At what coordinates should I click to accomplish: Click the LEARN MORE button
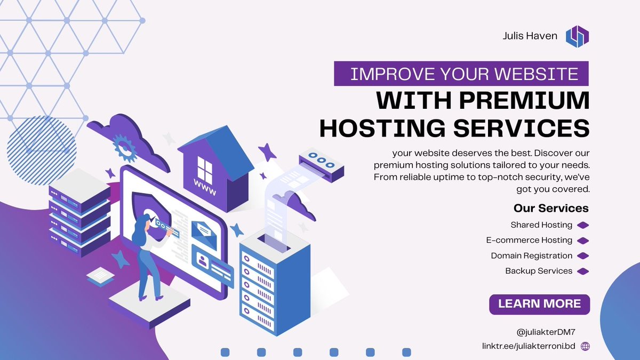pyautogui.click(x=539, y=304)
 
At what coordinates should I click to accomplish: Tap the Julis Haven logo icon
pyautogui.click(x=578, y=36)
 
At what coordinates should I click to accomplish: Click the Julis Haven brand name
pyautogui.click(x=530, y=36)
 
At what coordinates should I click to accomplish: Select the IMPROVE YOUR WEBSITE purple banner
pyautogui.click(x=461, y=74)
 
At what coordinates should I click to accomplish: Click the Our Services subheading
pyautogui.click(x=551, y=208)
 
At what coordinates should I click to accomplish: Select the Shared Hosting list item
pyautogui.click(x=541, y=225)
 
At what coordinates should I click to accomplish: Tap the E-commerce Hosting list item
pyautogui.click(x=529, y=241)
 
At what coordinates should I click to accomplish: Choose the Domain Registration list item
pyautogui.click(x=532, y=256)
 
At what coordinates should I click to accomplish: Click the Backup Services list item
pyautogui.click(x=539, y=271)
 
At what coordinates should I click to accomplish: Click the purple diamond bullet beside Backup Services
pyautogui.click(x=583, y=271)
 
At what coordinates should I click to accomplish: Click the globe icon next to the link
pyautogui.click(x=585, y=346)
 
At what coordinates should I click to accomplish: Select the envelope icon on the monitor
pyautogui.click(x=204, y=234)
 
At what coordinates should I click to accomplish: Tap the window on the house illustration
pyautogui.click(x=205, y=166)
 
